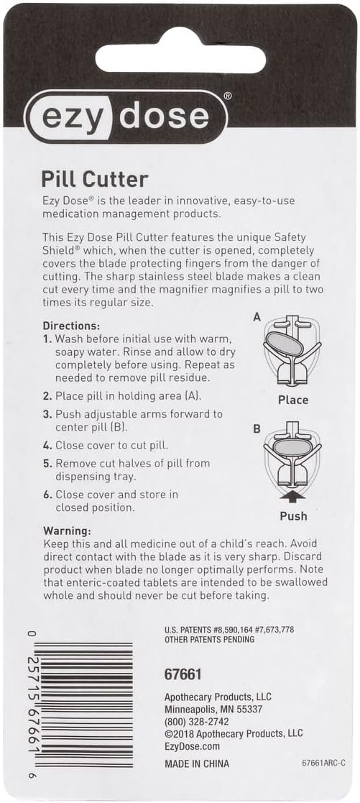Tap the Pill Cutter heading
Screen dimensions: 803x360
[95, 178]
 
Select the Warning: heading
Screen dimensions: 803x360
[66, 530]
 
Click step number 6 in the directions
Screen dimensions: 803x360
[47, 495]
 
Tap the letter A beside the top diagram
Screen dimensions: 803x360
[257, 316]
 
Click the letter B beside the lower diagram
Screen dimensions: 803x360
[257, 430]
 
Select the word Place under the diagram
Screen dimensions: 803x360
[293, 400]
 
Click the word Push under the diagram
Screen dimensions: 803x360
[293, 516]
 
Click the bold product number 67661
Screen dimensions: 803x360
[183, 675]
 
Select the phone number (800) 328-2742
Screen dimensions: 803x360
[198, 721]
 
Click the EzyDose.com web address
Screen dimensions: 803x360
[189, 745]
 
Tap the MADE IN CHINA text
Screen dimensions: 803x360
[197, 763]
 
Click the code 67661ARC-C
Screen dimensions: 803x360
[324, 763]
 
